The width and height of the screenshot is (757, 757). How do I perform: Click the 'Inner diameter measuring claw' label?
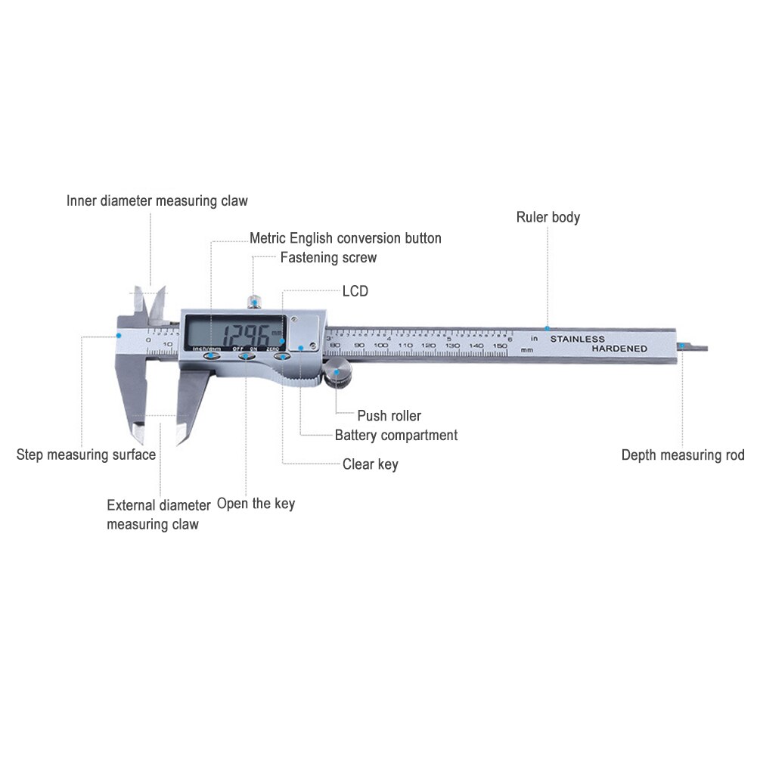(157, 201)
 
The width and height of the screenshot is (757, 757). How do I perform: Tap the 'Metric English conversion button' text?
(346, 238)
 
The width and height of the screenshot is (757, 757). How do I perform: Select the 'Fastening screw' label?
(328, 258)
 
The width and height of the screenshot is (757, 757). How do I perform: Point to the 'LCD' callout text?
(355, 291)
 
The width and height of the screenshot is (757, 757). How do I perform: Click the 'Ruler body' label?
(548, 218)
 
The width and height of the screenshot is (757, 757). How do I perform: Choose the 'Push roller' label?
(389, 416)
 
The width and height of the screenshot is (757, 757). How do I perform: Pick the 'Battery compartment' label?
(396, 436)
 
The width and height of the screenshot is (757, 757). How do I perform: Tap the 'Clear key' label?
(370, 464)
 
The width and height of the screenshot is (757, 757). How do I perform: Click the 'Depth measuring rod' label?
(683, 455)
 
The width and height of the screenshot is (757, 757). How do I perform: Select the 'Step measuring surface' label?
(86, 455)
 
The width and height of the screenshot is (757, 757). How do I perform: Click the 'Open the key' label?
(256, 504)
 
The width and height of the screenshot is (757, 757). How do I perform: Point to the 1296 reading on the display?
(234, 333)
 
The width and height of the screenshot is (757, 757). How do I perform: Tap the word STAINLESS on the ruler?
(577, 339)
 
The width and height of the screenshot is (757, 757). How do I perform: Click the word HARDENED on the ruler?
(619, 349)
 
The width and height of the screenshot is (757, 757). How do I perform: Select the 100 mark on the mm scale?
(381, 346)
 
